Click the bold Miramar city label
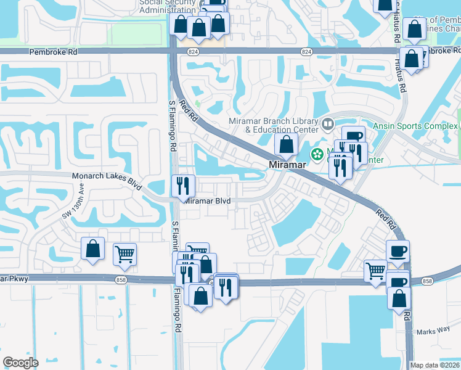tap(287, 165)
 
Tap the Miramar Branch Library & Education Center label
tap(273, 125)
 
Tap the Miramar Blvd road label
tap(208, 201)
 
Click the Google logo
tap(20, 362)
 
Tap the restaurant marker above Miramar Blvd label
tap(183, 184)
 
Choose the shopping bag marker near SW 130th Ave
tap(92, 249)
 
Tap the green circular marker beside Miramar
tap(317, 154)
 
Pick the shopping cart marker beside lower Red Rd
tap(375, 270)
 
